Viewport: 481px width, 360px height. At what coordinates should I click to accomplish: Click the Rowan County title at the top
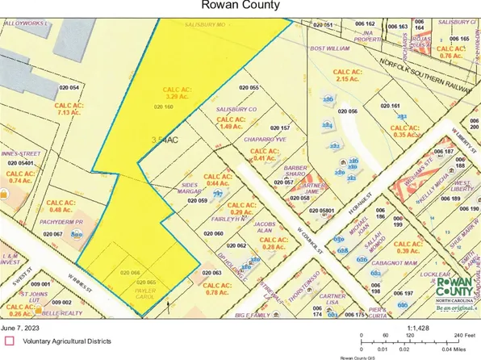click(x=240, y=6)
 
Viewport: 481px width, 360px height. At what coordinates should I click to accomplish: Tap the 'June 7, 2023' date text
click(x=25, y=329)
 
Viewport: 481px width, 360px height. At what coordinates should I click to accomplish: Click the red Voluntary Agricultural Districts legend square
click(x=10, y=341)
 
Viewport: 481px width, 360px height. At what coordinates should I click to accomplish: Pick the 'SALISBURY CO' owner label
click(x=235, y=109)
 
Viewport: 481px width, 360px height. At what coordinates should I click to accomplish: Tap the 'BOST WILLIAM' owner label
click(x=332, y=48)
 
